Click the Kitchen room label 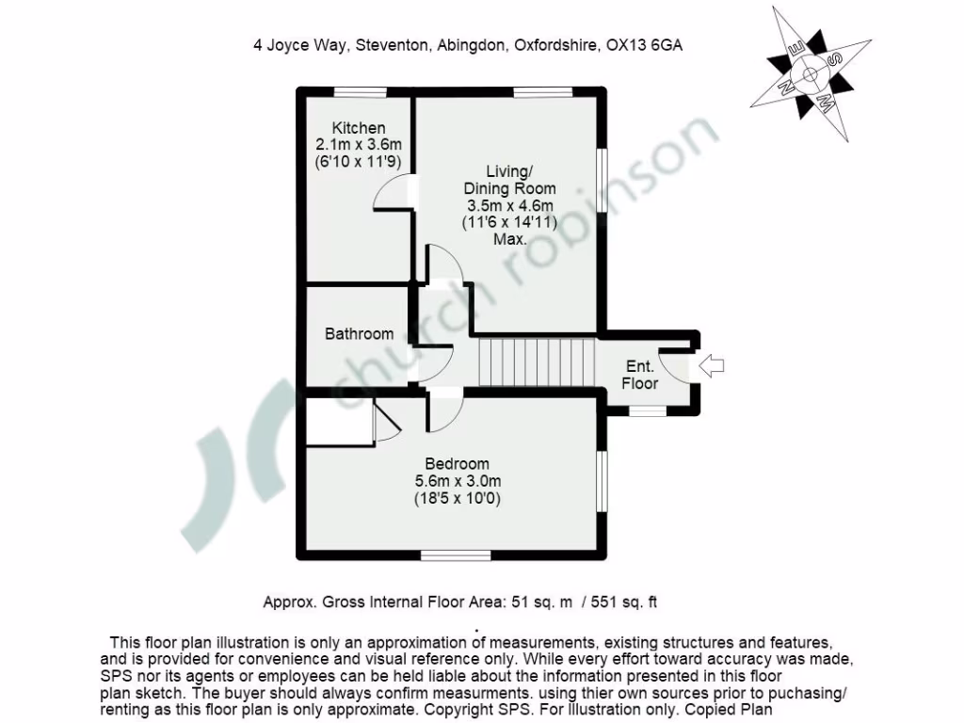[358, 128]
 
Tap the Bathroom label [359, 333]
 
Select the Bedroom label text [457, 463]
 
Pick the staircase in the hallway [538, 363]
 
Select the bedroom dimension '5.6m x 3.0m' [457, 481]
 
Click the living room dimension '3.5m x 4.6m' [509, 205]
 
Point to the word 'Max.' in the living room [509, 240]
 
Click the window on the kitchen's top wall [361, 91]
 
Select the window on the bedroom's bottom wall [456, 555]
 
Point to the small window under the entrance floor [647, 410]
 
